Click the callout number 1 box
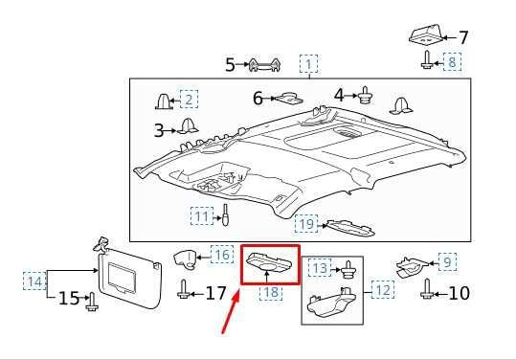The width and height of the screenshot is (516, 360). [x=308, y=64]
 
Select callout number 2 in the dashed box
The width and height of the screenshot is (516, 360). [x=189, y=100]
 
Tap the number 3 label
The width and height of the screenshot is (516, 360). [x=159, y=129]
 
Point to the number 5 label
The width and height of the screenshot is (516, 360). [x=230, y=65]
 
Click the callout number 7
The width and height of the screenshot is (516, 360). [x=463, y=38]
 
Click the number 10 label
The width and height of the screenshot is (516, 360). [x=460, y=292]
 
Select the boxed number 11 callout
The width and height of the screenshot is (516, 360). [x=202, y=216]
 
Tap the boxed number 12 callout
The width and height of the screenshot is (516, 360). [x=382, y=289]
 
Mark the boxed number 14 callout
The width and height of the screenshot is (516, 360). [x=34, y=281]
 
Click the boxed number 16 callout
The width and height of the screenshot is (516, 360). [x=221, y=255]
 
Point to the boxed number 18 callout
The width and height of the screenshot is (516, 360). [x=272, y=292]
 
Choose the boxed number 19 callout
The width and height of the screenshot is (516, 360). [x=305, y=225]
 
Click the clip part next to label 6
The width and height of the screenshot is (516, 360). [x=289, y=98]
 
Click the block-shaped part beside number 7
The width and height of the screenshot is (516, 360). [x=424, y=35]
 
